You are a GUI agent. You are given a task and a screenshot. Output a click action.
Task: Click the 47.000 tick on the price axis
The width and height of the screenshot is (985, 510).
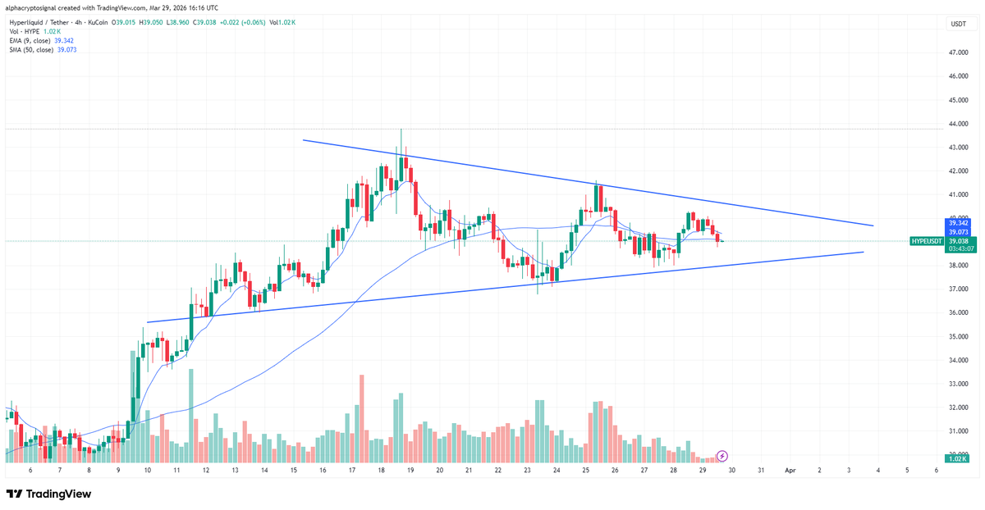click(x=958, y=52)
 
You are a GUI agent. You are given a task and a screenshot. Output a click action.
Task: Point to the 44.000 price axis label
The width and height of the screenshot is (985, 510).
click(x=958, y=124)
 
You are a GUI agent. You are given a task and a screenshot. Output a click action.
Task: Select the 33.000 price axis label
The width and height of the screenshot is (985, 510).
click(x=958, y=384)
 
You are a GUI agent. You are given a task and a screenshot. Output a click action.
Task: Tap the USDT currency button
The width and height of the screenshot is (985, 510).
click(x=958, y=25)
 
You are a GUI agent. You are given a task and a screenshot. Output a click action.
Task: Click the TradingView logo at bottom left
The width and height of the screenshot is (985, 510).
click(x=48, y=494)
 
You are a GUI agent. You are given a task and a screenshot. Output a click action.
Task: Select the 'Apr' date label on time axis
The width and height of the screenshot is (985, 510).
click(x=790, y=471)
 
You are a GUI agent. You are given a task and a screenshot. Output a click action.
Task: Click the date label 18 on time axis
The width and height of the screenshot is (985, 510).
click(x=382, y=471)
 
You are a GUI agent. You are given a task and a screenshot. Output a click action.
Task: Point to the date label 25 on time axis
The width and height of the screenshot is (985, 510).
click(x=586, y=471)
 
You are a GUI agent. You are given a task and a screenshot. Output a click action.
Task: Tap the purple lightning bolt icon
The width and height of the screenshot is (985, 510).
click(x=722, y=455)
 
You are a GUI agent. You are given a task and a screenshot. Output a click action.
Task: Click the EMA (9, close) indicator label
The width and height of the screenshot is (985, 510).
click(x=29, y=40)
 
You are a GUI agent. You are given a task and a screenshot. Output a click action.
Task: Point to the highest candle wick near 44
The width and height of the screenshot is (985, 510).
click(x=401, y=130)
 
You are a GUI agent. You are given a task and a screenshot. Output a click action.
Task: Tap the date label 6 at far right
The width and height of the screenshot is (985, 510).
click(x=936, y=471)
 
